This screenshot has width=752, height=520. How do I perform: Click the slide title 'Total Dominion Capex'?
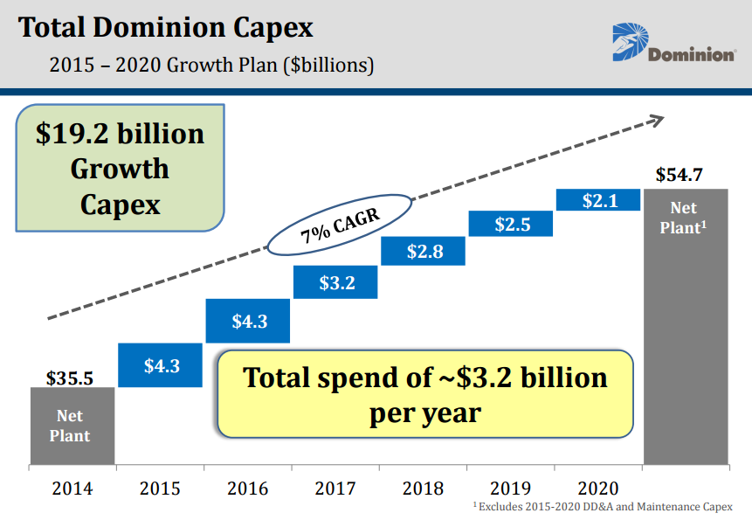[x=165, y=28]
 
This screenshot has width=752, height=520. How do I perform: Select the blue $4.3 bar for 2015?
[x=162, y=365]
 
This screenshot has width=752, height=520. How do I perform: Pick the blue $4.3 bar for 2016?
[x=249, y=321]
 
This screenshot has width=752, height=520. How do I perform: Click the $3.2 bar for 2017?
[x=336, y=282]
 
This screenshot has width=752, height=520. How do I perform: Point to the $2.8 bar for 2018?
[x=424, y=252]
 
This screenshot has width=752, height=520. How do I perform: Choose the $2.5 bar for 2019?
[x=512, y=224]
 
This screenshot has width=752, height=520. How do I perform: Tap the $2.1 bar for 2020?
[x=599, y=200]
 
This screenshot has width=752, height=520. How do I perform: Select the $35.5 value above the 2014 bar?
[x=69, y=378]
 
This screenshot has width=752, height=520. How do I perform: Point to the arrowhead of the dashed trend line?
[x=658, y=118]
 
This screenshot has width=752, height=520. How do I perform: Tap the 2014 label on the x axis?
[x=72, y=488]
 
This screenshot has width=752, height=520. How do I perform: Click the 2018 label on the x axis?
[x=423, y=488]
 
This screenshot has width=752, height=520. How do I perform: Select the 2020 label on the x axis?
[x=598, y=488]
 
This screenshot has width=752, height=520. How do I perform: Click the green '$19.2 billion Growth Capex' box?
[x=121, y=168]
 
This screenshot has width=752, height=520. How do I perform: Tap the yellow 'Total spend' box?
[x=424, y=393]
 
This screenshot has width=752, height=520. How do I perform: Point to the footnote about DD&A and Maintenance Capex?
[x=603, y=507]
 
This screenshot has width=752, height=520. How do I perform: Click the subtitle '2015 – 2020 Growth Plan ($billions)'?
[x=212, y=65]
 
